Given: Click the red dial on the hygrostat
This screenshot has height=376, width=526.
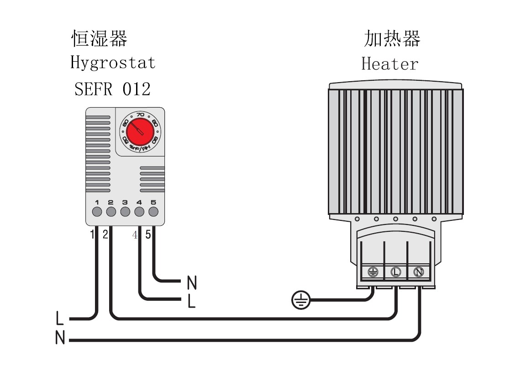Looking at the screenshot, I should [137, 131].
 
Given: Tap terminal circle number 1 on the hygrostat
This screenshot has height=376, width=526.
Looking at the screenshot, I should [97, 212].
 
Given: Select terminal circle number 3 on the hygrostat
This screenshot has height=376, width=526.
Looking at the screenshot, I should [125, 212].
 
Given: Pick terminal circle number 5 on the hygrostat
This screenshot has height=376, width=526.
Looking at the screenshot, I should [153, 212].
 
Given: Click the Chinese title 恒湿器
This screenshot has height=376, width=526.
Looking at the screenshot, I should [99, 39].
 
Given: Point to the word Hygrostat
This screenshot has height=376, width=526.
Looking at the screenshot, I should [113, 63].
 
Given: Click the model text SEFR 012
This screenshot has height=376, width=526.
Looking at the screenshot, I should [112, 89].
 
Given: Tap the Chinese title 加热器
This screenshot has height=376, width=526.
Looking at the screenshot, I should [392, 39].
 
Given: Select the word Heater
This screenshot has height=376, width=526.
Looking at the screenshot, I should [389, 63].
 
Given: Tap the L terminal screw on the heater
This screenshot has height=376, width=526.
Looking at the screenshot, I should [395, 272].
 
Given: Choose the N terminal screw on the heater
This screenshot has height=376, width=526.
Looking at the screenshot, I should [418, 272].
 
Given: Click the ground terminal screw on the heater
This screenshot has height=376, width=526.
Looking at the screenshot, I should [373, 272].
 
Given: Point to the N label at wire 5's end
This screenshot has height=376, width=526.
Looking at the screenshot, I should [192, 283].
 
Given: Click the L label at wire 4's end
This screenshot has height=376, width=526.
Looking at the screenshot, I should [192, 301].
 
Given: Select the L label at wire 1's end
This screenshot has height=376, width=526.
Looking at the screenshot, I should [59, 318].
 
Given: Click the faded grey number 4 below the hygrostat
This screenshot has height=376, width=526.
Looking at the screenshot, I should [135, 235].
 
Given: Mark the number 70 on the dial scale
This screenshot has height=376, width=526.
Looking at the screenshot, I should [141, 114].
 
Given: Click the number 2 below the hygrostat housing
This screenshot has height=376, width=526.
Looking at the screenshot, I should [105, 235].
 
